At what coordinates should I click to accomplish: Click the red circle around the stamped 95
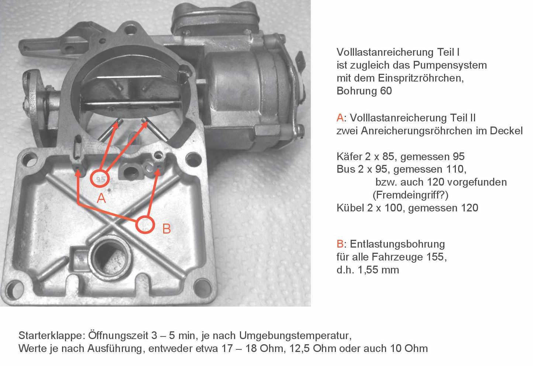point(91,179)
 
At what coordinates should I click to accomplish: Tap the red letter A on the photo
point(101,198)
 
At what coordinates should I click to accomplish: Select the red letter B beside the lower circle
point(166,228)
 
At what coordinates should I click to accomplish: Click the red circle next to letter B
point(136,225)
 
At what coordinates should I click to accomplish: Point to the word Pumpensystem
point(450,66)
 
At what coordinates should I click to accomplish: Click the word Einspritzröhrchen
point(421,78)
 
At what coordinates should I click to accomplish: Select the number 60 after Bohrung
point(386,91)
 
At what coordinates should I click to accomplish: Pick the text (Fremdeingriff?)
point(410,195)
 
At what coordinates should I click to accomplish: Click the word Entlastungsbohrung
point(398,244)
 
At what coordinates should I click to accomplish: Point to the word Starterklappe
point(50,336)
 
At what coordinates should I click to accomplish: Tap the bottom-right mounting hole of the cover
point(203,287)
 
